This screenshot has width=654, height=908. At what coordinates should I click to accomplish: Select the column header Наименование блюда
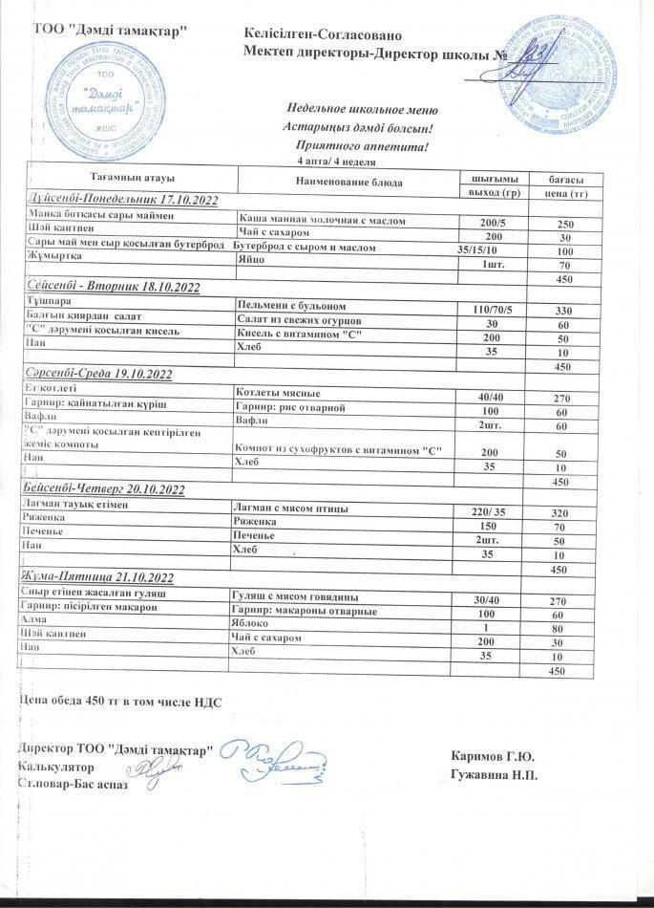349,182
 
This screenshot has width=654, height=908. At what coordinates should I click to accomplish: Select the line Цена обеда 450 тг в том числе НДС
120,703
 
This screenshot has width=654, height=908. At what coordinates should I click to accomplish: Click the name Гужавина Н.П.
492,773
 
